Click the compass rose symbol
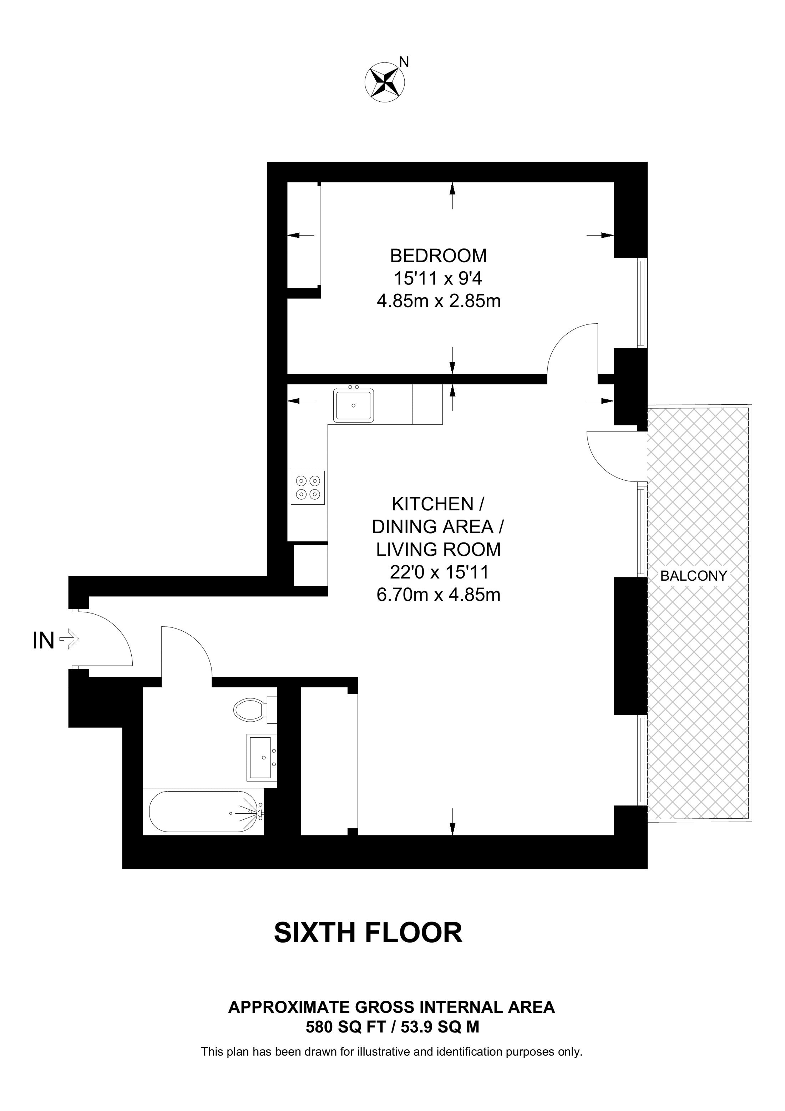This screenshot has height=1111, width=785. [385, 82]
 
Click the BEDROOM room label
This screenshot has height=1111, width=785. [439, 255]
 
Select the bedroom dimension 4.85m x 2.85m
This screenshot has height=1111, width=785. [439, 302]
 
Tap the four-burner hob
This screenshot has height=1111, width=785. [308, 488]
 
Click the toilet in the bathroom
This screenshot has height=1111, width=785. [254, 710]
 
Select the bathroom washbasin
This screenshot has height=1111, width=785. [262, 757]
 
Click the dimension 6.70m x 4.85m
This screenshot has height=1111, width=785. [439, 595]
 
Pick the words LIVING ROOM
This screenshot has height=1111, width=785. [439, 549]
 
